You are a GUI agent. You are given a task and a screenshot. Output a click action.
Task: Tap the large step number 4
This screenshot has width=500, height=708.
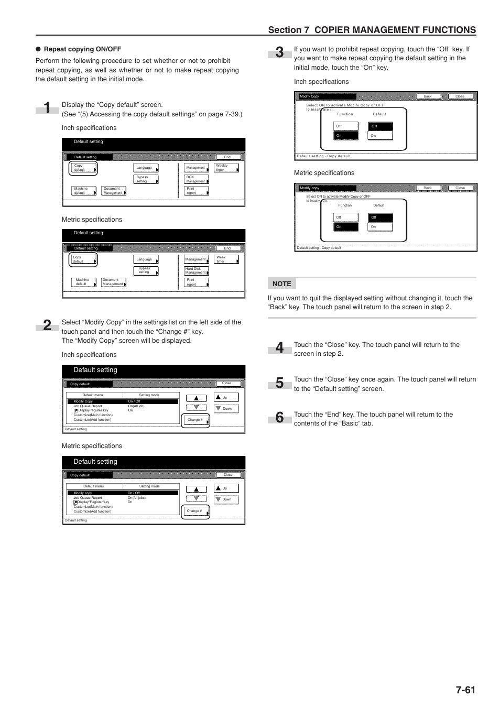coord(280,348)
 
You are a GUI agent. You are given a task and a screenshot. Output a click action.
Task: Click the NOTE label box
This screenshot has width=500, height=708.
coord(282,284)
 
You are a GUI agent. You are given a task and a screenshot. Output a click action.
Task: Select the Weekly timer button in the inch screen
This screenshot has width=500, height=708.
coord(227,168)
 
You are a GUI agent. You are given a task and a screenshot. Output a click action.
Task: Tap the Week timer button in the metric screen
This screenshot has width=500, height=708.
coord(227,259)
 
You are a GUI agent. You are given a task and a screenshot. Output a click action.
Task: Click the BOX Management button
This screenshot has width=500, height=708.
coord(197,179)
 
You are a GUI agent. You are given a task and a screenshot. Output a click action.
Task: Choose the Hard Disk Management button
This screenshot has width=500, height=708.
coord(197,270)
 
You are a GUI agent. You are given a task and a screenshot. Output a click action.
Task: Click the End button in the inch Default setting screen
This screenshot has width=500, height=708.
coord(228,157)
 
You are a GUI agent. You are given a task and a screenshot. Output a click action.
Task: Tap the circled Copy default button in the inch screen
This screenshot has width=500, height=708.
coord(84,168)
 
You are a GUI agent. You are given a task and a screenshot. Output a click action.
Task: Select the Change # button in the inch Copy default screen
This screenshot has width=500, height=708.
coord(195,420)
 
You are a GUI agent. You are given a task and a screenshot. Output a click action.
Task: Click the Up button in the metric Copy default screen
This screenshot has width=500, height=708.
coord(226,488)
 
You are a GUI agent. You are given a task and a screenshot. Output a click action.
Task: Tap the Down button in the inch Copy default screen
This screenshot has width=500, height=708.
coord(226,409)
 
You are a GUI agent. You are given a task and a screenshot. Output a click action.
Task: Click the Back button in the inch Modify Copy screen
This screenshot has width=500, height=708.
coord(428,96)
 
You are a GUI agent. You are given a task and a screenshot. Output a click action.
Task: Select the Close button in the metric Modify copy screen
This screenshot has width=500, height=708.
coord(460,188)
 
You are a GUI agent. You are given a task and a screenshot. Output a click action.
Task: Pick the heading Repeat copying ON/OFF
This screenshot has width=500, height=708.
coord(82,49)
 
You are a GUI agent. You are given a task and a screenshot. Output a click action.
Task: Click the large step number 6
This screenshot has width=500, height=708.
coord(280,418)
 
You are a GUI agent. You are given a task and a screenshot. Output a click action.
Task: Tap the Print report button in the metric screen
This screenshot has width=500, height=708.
coord(197,282)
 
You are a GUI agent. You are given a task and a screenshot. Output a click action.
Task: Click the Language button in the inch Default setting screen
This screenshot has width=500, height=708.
coord(146,168)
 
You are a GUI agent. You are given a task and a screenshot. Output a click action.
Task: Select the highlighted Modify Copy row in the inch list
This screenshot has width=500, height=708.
coord(123,401)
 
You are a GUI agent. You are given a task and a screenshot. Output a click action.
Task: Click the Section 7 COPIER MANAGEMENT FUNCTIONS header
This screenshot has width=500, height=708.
coord(372,30)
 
